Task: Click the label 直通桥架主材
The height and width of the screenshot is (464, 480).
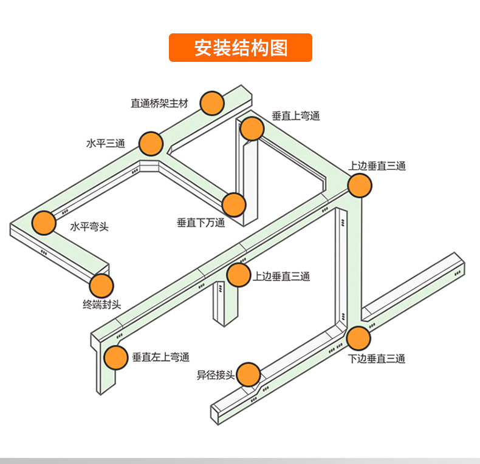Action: click(x=160, y=104)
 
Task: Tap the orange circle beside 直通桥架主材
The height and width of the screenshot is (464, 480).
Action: click(x=212, y=104)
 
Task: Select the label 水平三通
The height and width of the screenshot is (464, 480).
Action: click(x=105, y=144)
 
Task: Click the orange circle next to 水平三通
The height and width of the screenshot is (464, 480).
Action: click(x=151, y=144)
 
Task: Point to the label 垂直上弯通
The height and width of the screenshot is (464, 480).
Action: click(x=295, y=116)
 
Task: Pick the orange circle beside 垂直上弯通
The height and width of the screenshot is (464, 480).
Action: click(x=252, y=129)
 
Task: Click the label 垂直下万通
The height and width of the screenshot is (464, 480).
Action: click(x=201, y=223)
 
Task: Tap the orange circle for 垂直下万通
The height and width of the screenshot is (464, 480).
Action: click(x=234, y=205)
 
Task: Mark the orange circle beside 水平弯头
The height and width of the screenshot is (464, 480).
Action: click(x=44, y=223)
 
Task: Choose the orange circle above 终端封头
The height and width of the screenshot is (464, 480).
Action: click(x=101, y=285)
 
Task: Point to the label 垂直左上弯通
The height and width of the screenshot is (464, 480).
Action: click(x=161, y=358)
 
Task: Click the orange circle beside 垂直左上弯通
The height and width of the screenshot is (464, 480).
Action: click(x=115, y=358)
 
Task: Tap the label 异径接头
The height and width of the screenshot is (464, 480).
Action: click(x=215, y=375)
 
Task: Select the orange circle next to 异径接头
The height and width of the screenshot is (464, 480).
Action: click(x=249, y=374)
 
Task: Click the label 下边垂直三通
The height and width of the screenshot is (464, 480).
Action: click(x=377, y=358)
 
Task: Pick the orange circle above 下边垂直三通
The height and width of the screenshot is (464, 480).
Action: click(x=358, y=338)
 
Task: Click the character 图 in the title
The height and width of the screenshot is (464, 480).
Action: click(x=276, y=48)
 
